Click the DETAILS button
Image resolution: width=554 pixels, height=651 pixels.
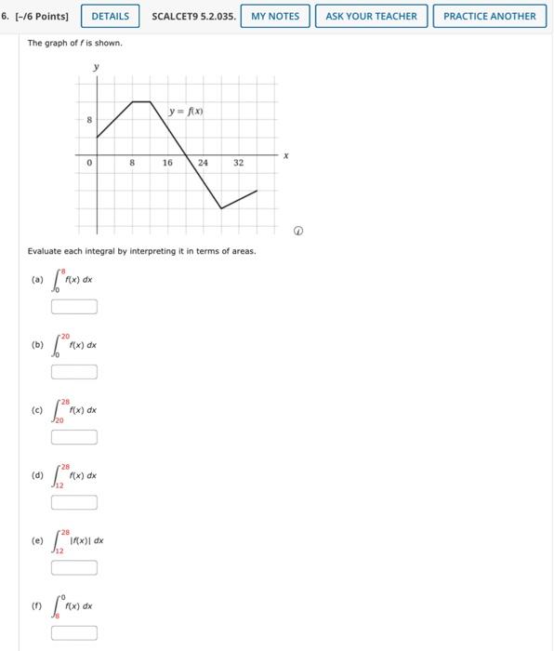coord(111,16)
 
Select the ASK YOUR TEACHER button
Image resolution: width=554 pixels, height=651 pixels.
coord(372,16)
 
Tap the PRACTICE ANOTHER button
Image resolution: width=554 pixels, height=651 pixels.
coord(489,16)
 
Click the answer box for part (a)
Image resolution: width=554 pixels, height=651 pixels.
coord(74,307)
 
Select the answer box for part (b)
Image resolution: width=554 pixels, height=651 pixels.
coord(74,372)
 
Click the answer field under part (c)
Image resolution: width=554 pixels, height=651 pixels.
coord(74,437)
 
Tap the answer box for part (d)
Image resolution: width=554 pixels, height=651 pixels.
coord(74,503)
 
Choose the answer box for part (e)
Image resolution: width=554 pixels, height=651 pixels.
coord(74,568)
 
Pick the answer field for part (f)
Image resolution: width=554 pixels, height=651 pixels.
coord(74,633)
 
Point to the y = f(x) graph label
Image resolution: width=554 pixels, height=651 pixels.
coord(186,112)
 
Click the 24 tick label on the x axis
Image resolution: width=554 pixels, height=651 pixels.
coord(203,163)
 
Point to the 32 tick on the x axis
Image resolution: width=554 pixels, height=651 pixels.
coord(238,163)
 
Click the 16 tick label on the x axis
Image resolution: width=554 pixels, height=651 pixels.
coord(167,163)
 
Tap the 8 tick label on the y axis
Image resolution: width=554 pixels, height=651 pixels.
coord(89,120)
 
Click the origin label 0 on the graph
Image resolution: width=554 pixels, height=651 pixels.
coord(89,163)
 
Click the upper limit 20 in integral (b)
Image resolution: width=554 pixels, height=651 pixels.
coord(65,335)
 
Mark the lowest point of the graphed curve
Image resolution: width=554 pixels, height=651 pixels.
coord(221,208)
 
